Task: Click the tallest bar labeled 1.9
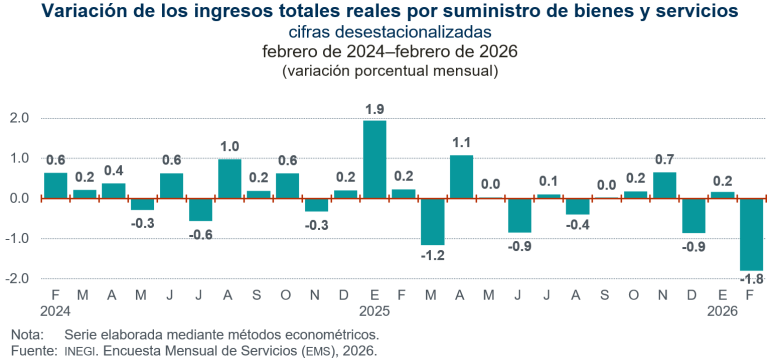[374, 159]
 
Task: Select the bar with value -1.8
[752, 234]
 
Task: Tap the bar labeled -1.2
[432, 221]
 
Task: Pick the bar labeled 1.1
[461, 176]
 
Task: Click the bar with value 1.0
[229, 178]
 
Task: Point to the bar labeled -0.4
[577, 206]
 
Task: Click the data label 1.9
[374, 109]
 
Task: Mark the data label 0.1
[548, 181]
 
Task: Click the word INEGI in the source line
[83, 351]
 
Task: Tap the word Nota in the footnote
[28, 336]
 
